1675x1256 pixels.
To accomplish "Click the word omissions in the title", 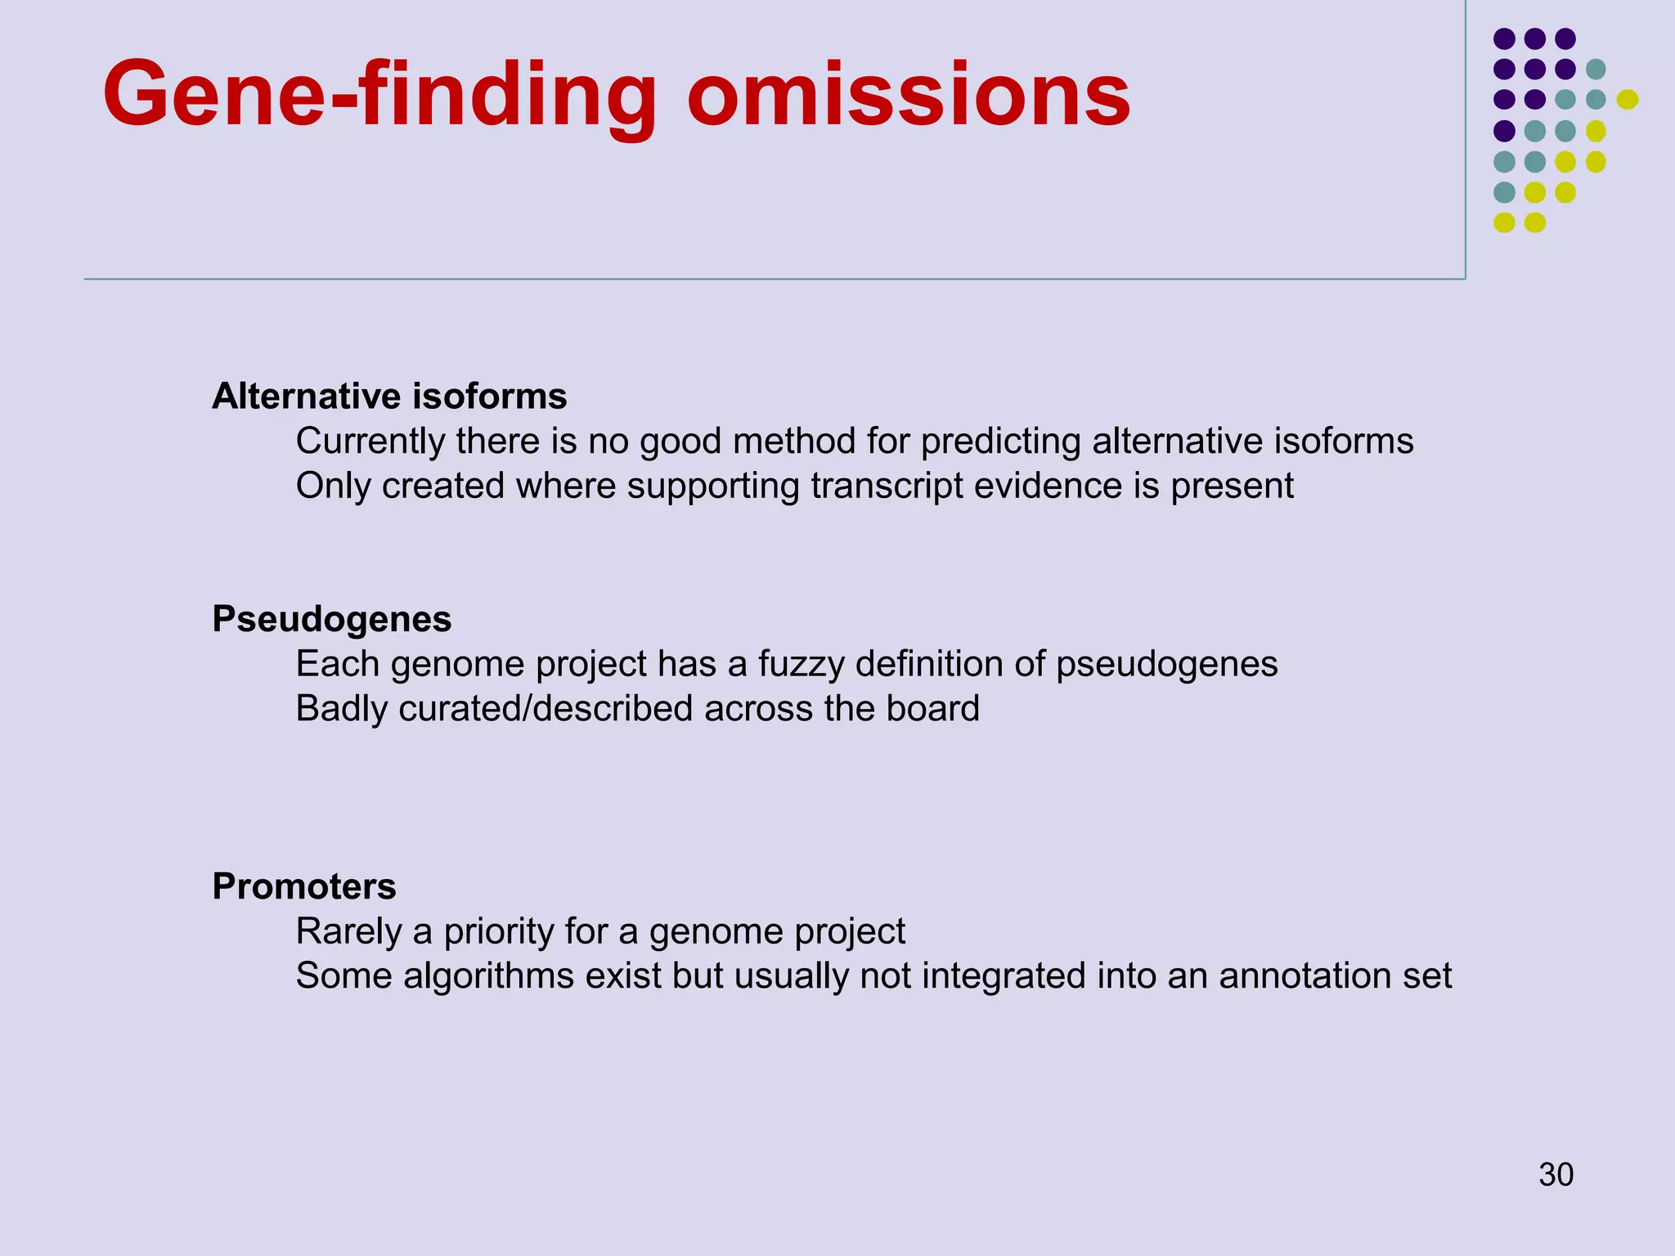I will [x=908, y=95].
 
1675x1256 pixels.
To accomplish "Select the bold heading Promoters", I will [x=304, y=886].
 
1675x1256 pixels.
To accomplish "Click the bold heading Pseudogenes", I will [x=331, y=619].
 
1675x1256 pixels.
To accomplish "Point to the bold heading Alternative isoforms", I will [x=389, y=397].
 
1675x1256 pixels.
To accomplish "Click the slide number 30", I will [x=1556, y=1175].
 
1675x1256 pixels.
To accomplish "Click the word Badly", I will [x=342, y=708].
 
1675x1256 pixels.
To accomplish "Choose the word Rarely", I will [x=348, y=931].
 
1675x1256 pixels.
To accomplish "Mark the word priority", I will [x=509, y=931].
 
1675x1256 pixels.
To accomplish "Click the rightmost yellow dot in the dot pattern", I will [x=1627, y=99].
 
